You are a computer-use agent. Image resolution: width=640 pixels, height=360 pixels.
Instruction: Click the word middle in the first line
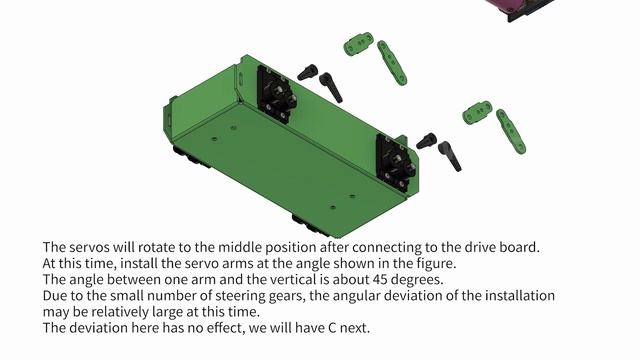240,247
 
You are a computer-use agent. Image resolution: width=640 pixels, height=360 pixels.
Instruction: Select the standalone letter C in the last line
332,328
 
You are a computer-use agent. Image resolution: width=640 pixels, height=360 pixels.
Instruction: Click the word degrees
418,280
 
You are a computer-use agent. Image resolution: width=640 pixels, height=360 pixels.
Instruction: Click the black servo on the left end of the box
276,95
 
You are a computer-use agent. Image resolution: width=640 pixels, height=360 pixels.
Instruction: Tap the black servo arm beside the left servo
331,87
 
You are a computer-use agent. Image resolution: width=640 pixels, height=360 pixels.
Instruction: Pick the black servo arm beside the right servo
449,156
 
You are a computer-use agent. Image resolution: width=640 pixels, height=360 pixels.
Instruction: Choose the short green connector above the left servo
359,44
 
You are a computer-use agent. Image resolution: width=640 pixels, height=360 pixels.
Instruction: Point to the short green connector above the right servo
477,112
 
